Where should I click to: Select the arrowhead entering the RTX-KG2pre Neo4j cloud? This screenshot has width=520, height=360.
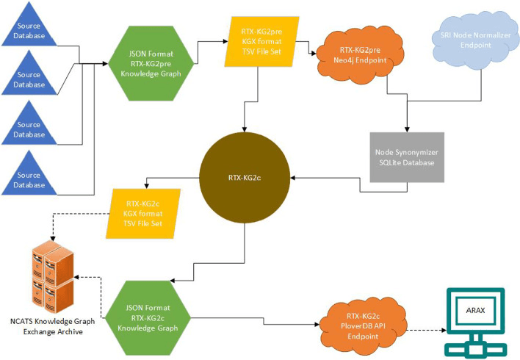tap(317, 53)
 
